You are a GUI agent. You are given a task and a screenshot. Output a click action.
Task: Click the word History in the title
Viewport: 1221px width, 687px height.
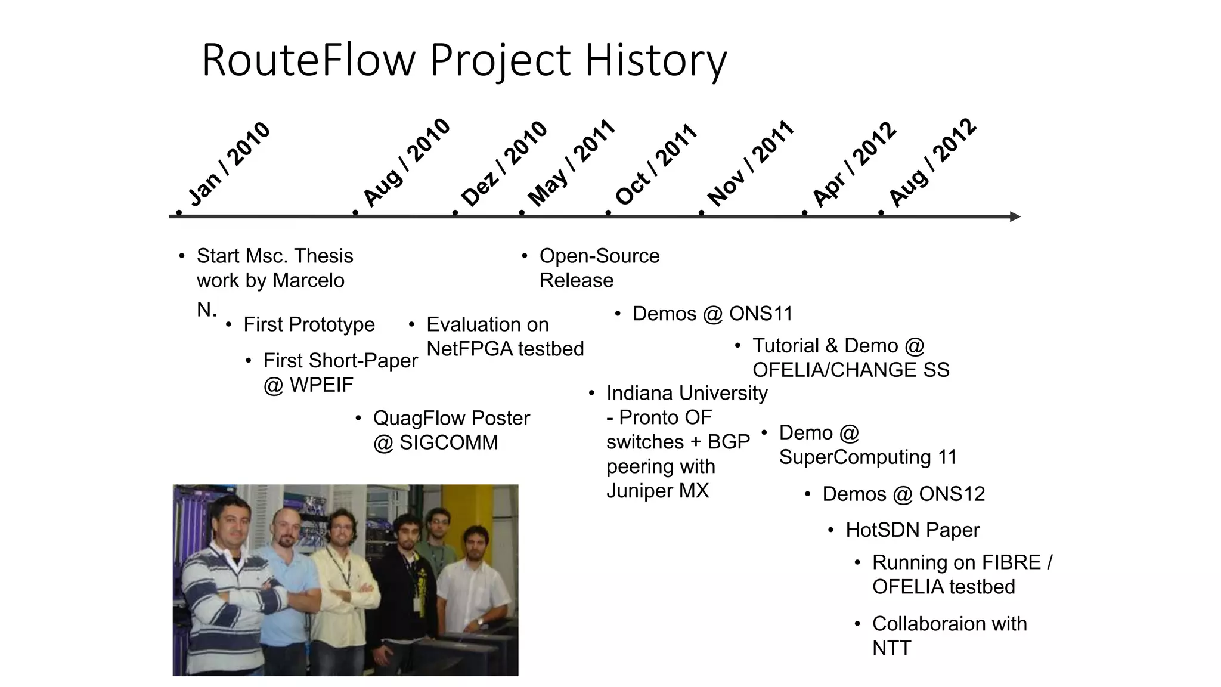pos(656,61)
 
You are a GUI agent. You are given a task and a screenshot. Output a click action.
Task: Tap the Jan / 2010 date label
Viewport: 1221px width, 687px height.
pos(229,164)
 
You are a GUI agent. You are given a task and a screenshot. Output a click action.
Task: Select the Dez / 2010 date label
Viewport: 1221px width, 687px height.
pos(504,164)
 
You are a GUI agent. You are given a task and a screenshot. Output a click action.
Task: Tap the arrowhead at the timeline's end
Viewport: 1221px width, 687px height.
pos(1015,216)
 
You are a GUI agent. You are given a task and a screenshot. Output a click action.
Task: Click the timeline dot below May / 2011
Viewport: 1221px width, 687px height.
pos(522,213)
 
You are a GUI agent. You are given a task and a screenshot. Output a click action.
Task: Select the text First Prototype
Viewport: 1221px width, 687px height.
pos(309,324)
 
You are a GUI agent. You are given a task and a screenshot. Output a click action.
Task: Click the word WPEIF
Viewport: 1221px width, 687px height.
pos(321,385)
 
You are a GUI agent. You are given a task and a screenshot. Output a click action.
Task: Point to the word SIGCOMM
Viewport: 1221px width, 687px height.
pos(448,442)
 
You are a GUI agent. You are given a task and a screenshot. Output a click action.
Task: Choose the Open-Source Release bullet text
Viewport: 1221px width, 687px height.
pos(599,268)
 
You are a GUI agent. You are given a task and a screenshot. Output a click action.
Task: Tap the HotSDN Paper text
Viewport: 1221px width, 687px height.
pos(912,530)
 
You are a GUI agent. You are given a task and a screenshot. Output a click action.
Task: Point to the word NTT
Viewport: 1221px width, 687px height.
pos(891,648)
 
